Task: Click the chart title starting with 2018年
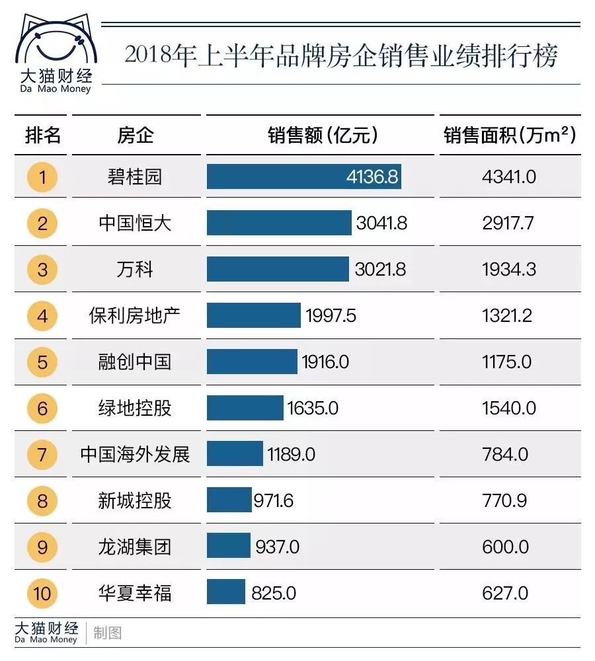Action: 340,56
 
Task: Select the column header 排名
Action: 43,136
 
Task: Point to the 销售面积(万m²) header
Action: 509,136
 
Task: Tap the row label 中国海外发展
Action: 135,455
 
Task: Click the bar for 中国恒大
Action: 279,223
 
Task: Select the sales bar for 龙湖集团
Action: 229,547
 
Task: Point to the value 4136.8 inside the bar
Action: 372,177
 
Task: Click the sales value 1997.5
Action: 331,316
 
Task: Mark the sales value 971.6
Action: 273,501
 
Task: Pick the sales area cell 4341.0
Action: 508,177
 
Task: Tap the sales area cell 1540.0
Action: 508,408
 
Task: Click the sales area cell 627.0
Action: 505,593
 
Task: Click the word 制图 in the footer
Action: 108,633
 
